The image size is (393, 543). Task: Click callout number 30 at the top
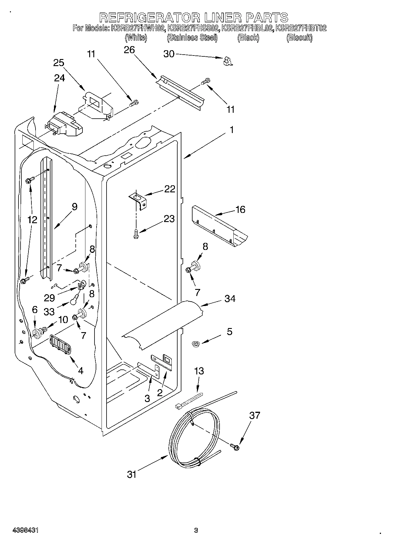pyautogui.click(x=169, y=54)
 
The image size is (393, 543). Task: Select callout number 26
pyautogui.click(x=129, y=50)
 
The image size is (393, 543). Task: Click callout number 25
pyautogui.click(x=59, y=63)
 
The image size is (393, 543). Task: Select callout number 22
pyautogui.click(x=169, y=189)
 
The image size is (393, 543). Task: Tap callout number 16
pyautogui.click(x=240, y=209)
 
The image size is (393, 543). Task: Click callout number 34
pyautogui.click(x=230, y=299)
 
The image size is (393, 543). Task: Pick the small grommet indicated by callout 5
pyautogui.click(x=194, y=343)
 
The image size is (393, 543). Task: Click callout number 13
pyautogui.click(x=199, y=371)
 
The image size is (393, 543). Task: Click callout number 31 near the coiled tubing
pyautogui.click(x=132, y=474)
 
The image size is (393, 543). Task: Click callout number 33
pyautogui.click(x=49, y=312)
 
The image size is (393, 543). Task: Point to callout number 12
pyautogui.click(x=33, y=219)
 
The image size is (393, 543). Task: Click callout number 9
pyautogui.click(x=75, y=207)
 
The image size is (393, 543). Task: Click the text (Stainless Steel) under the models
pyautogui.click(x=192, y=38)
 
